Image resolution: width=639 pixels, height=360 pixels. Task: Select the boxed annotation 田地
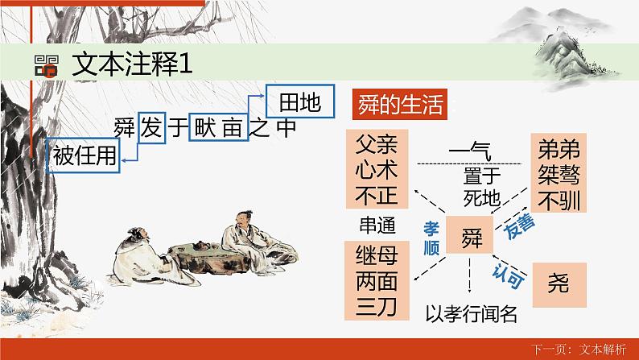[x=299, y=102]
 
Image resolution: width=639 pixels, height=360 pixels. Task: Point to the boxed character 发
[x=150, y=127]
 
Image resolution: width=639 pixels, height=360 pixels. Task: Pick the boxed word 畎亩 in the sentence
[x=216, y=127]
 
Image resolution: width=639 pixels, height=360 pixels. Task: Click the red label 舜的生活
[x=399, y=104]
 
